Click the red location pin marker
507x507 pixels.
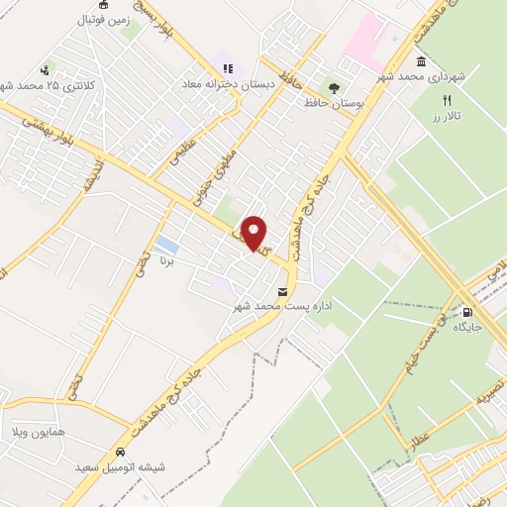[x=253, y=234]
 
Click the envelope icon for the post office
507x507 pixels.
[x=284, y=292]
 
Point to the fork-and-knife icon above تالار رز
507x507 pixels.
[x=447, y=100]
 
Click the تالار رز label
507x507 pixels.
[x=448, y=116]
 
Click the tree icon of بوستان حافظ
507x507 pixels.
[x=334, y=86]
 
